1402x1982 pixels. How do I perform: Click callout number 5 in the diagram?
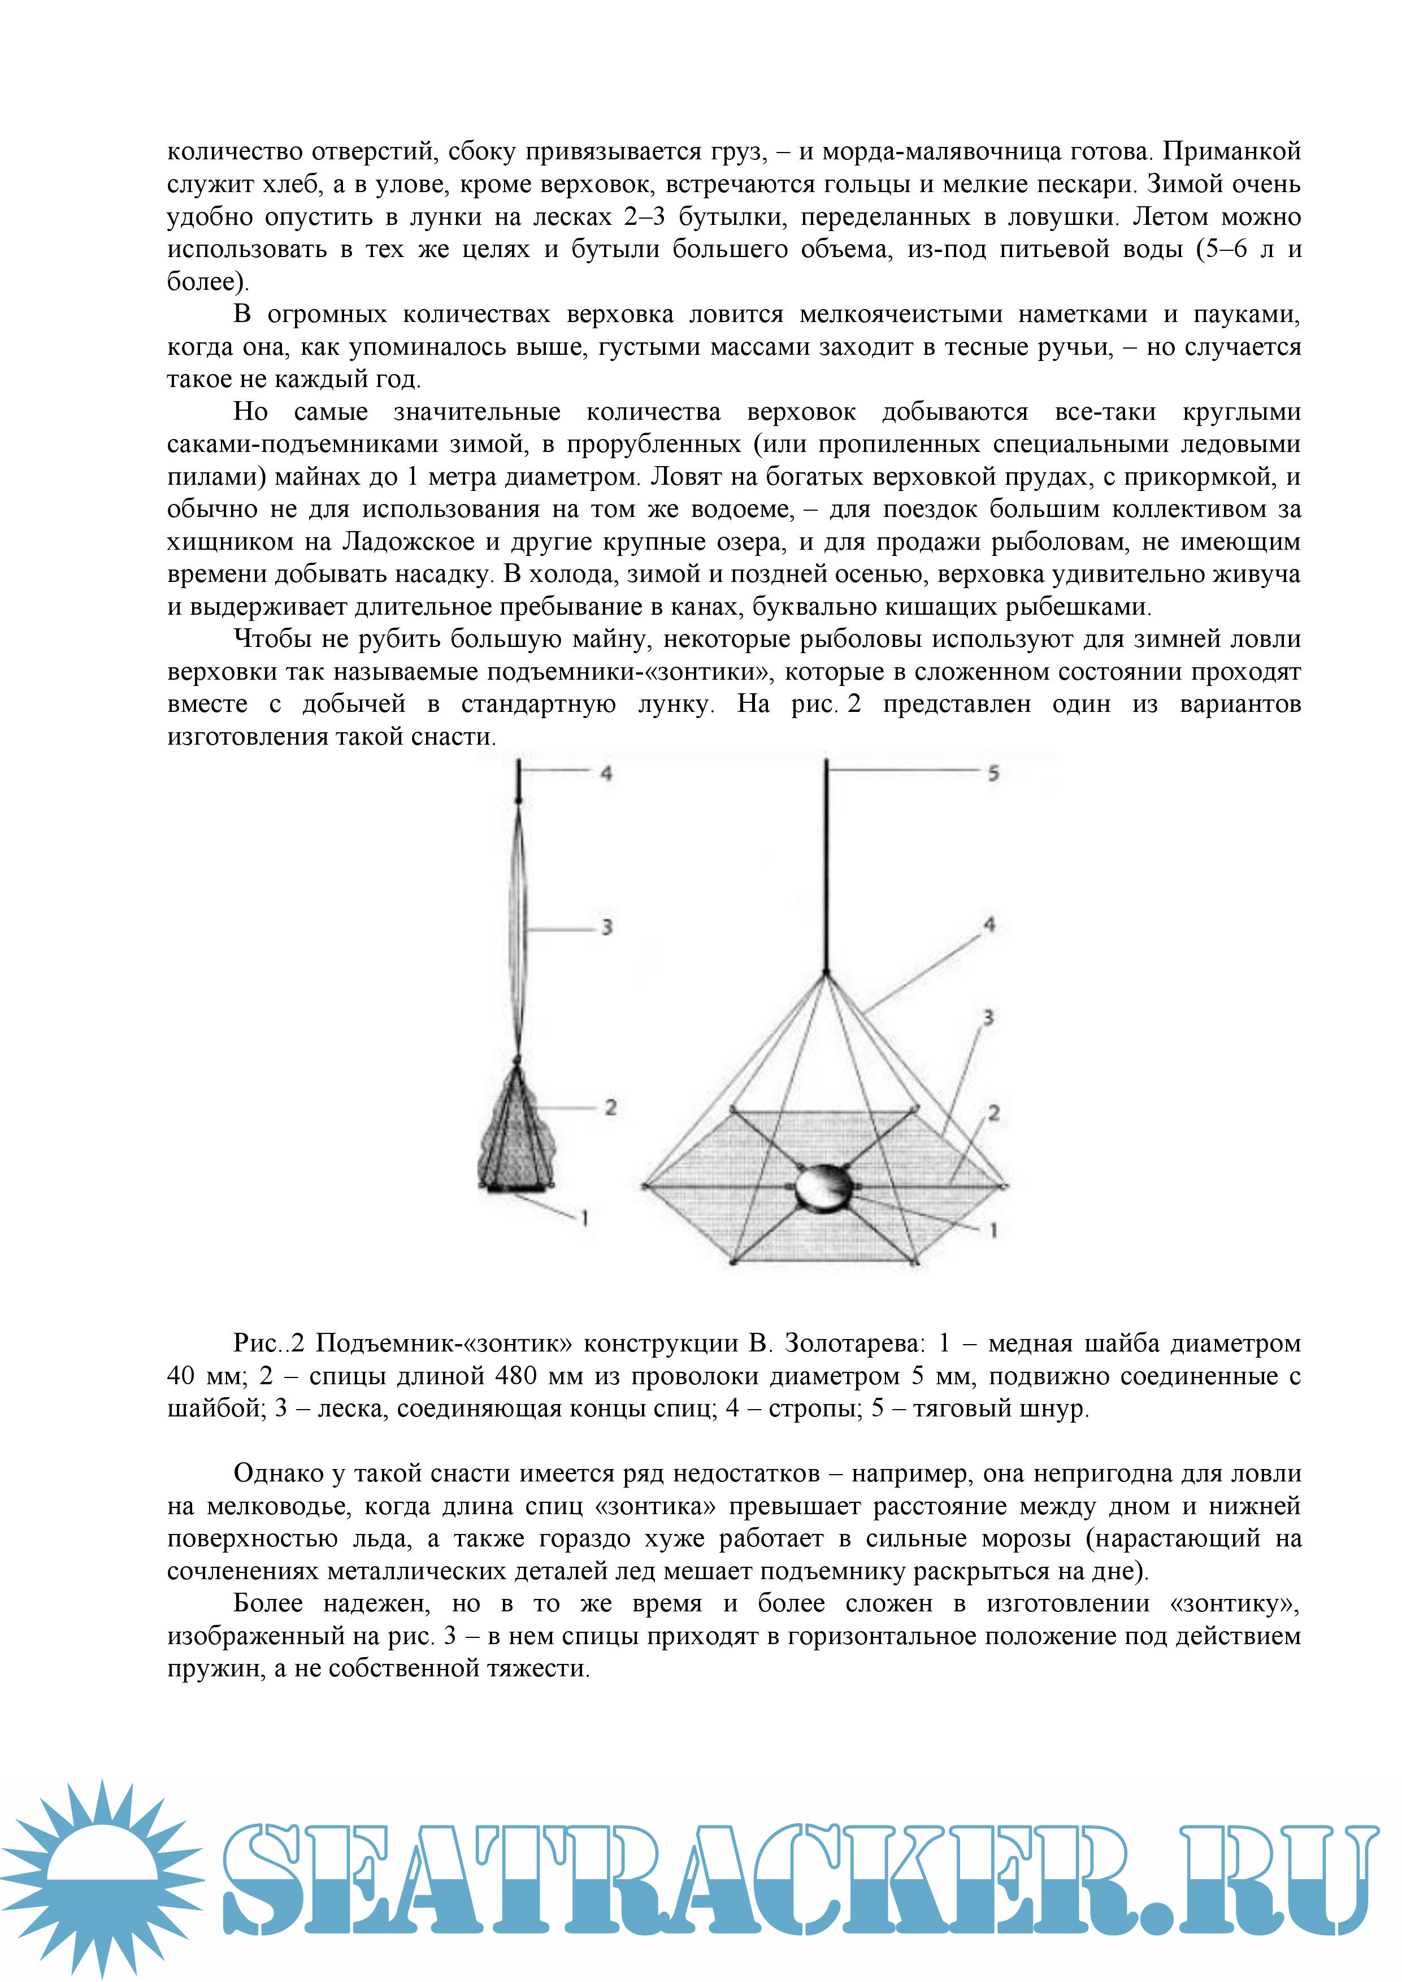point(993,773)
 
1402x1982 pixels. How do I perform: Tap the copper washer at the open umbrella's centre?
point(824,1188)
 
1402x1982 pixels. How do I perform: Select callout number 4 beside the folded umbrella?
point(607,773)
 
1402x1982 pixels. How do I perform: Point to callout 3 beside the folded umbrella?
point(607,927)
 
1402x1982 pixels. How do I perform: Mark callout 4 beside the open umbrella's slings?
point(989,924)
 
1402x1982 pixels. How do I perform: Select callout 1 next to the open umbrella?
point(993,1230)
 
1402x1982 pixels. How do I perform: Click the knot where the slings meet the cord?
point(826,973)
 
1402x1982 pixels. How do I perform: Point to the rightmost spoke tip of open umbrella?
point(1005,1187)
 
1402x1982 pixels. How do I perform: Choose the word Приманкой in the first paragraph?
point(1231,151)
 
